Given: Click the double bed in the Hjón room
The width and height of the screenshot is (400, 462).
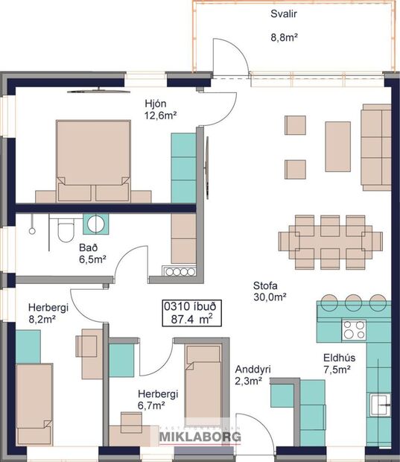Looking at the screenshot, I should [92, 159].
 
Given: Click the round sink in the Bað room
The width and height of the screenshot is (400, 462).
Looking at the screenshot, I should [95, 223].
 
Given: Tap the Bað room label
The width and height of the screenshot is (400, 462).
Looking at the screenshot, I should [89, 248].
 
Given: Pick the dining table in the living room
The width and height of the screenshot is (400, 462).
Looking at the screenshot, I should [330, 242].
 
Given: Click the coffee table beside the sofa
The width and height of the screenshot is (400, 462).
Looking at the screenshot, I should [337, 146].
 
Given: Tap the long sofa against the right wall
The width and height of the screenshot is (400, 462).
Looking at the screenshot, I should [376, 146].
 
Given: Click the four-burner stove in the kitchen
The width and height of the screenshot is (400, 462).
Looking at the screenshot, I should [354, 329].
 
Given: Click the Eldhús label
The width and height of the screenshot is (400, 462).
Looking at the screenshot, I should [338, 357].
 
